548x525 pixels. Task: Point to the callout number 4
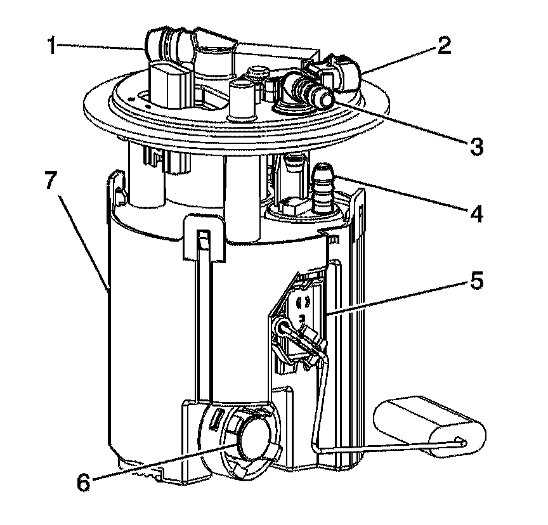[475, 212]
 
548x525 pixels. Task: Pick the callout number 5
[475, 280]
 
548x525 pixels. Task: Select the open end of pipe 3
[325, 98]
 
